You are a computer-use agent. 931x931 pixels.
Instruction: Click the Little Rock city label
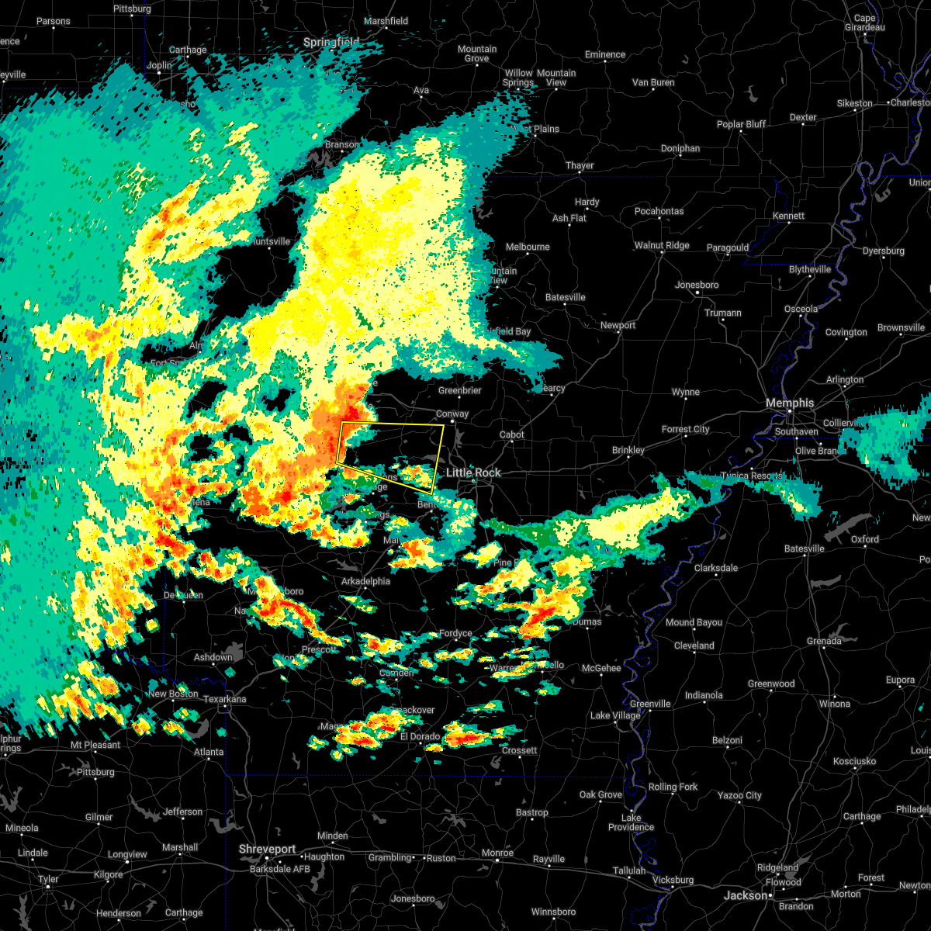(473, 472)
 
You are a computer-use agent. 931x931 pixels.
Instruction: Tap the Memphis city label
(789, 403)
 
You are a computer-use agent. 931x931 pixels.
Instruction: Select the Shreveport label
(267, 850)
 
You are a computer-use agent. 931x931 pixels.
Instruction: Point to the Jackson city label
(745, 895)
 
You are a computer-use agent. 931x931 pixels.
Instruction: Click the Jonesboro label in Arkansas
(696, 285)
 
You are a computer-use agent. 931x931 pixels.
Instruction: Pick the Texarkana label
(224, 699)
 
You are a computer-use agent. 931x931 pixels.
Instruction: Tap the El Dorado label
(420, 736)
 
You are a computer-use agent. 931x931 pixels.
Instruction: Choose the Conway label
(452, 414)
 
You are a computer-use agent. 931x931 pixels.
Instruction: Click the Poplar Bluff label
(741, 124)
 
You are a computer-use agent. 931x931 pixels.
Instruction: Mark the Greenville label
(649, 704)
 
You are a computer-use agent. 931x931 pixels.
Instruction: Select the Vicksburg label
(673, 880)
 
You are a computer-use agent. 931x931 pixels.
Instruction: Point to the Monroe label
(497, 853)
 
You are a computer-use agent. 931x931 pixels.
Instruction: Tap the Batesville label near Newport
(565, 297)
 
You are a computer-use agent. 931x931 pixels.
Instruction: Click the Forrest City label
(685, 429)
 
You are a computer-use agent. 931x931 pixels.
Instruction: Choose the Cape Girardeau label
(864, 23)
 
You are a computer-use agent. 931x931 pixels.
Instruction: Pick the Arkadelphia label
(365, 581)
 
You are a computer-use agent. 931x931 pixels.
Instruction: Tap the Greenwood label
(770, 684)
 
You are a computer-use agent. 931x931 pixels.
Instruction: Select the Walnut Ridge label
(661, 245)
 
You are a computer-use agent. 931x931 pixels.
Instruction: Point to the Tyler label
(48, 879)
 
